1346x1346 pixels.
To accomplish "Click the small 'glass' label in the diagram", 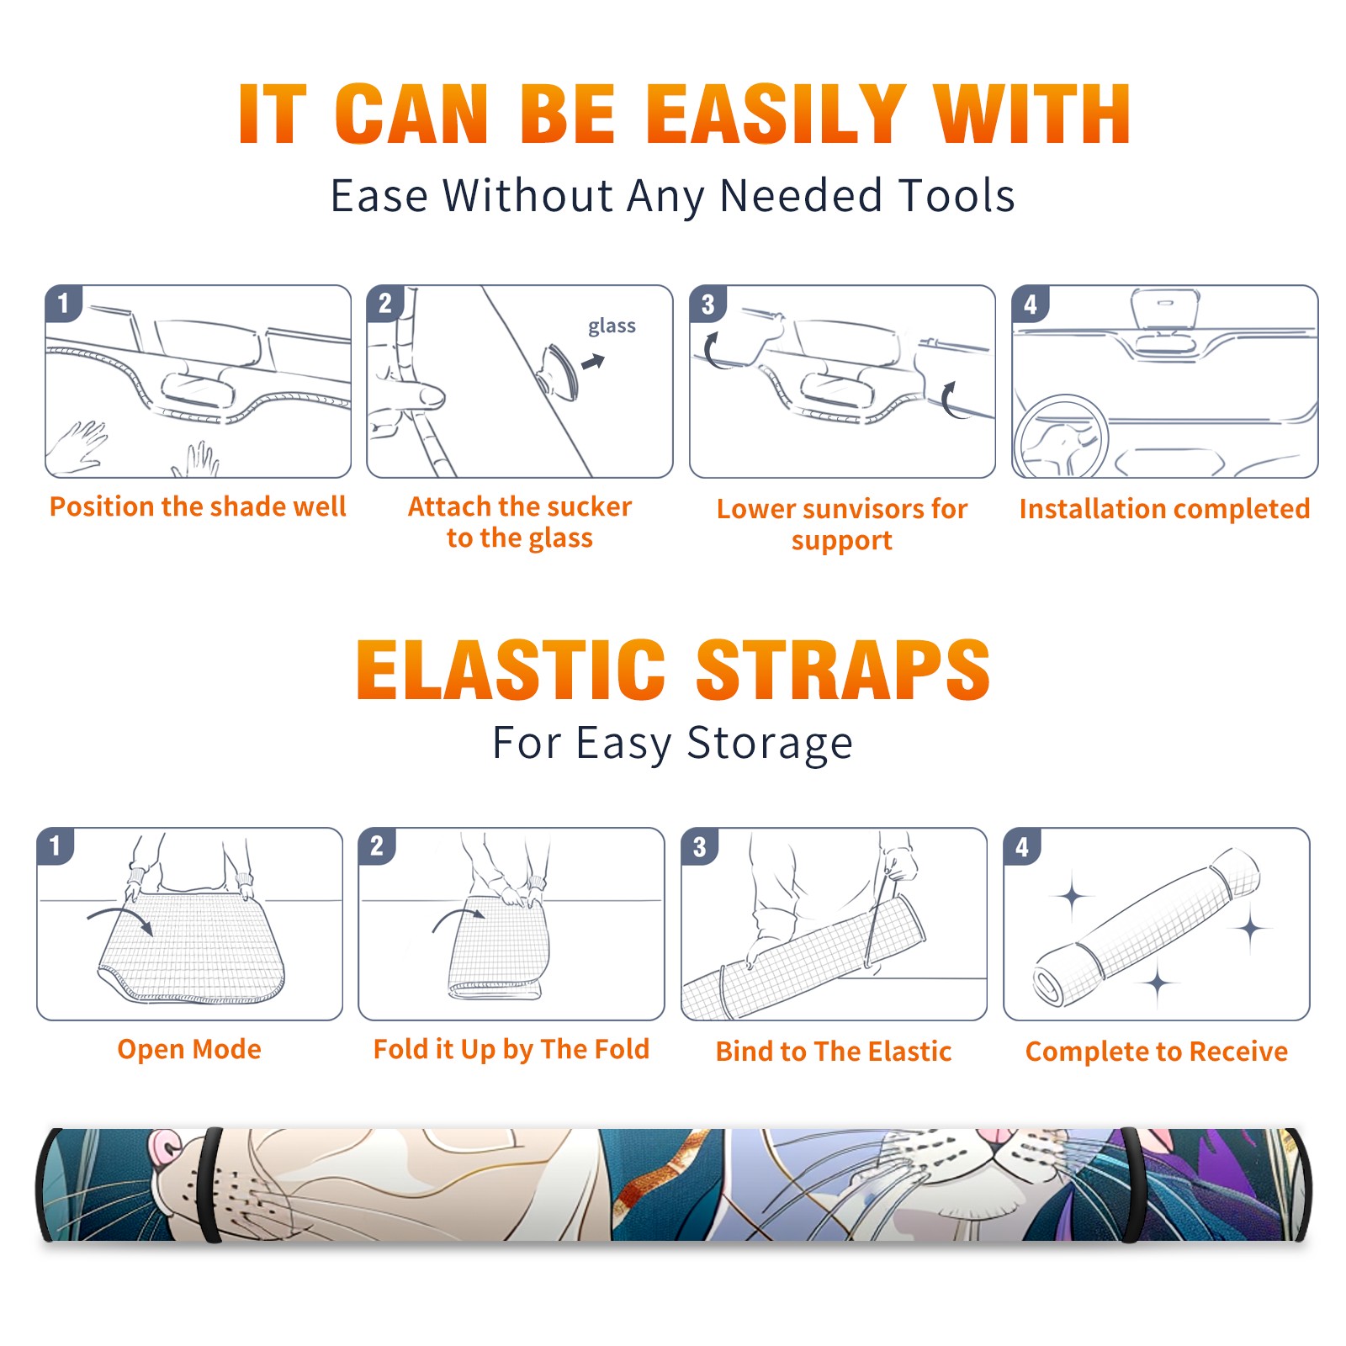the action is [x=612, y=326].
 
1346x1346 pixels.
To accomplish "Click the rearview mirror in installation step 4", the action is [x=1165, y=310].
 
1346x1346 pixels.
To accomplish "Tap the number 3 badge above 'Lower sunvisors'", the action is [x=707, y=304].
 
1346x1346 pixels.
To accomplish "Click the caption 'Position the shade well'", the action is [x=198, y=506].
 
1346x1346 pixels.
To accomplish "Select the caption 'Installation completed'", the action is [x=1164, y=508].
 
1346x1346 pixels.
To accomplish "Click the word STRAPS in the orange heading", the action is [x=844, y=670].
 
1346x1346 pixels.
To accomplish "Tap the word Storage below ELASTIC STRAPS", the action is [x=770, y=744].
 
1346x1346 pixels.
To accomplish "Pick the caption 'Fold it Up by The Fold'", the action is [x=511, y=1049].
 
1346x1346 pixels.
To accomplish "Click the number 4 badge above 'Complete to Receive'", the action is [x=1022, y=846].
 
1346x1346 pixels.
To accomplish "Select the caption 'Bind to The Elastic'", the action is [x=834, y=1052].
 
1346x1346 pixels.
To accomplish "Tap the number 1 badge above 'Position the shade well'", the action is [x=63, y=303].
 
